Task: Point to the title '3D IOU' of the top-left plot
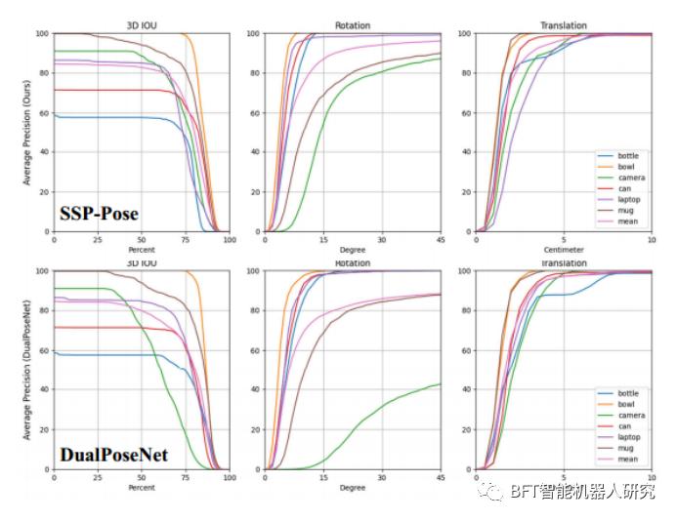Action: click(x=141, y=25)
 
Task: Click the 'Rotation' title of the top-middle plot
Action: click(x=353, y=25)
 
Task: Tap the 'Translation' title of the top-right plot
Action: click(x=564, y=25)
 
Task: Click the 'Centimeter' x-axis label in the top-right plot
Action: click(x=564, y=250)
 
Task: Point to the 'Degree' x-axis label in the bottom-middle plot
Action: click(x=353, y=488)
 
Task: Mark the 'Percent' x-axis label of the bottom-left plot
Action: click(x=141, y=488)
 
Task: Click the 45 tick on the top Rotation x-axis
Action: click(x=441, y=240)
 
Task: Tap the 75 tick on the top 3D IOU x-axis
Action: click(x=185, y=240)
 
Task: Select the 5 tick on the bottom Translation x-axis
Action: click(x=564, y=478)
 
